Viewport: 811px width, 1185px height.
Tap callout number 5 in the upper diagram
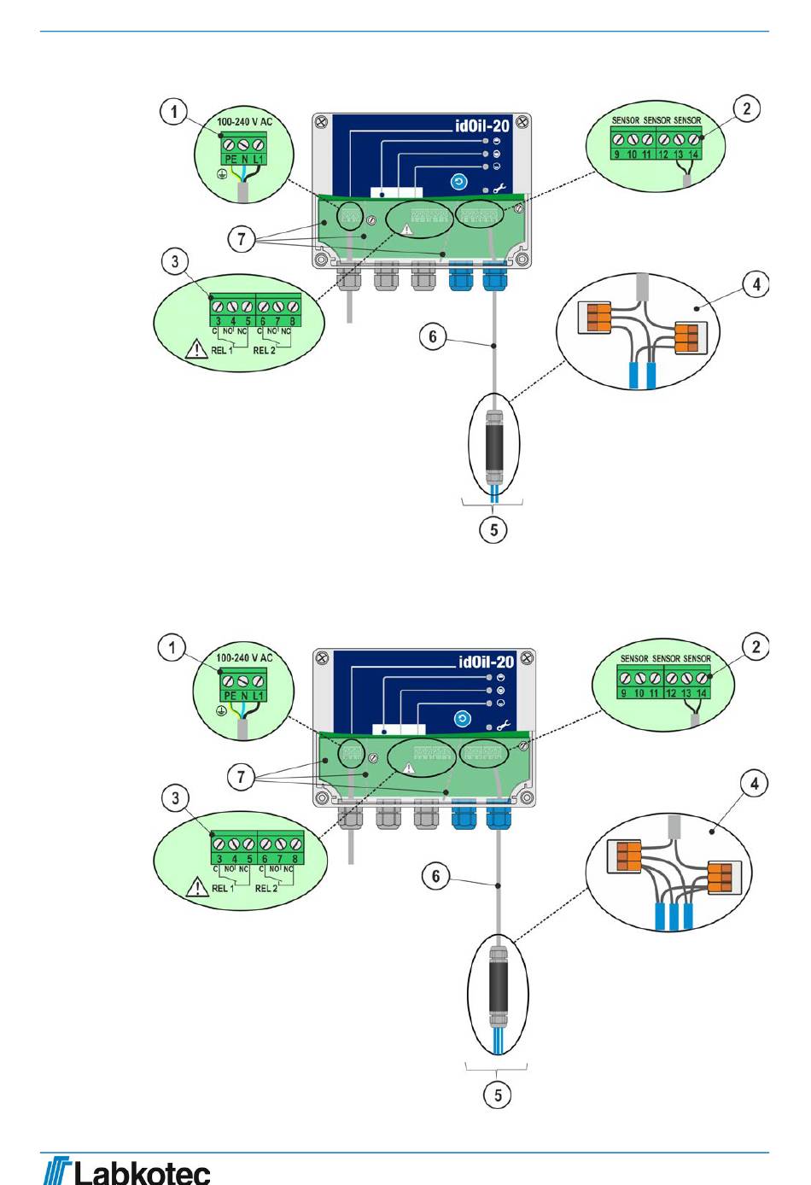click(493, 529)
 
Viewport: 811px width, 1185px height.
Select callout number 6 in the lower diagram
click(436, 876)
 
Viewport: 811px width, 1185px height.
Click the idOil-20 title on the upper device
click(482, 126)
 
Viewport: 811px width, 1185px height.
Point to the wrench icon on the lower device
click(503, 726)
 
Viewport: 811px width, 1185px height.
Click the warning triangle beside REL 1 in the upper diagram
click(197, 349)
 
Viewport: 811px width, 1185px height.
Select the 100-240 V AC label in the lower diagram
click(244, 658)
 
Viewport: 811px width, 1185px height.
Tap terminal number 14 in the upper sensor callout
click(693, 155)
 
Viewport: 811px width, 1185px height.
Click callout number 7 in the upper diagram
click(242, 239)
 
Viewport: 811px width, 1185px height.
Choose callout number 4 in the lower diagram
click(755, 784)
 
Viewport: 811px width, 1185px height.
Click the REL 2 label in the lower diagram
click(266, 888)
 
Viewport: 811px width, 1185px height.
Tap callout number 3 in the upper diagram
click(175, 260)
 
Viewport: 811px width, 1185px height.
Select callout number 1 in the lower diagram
click(172, 648)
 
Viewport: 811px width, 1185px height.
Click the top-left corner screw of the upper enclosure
click(321, 122)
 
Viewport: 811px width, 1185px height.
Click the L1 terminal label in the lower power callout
click(259, 696)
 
